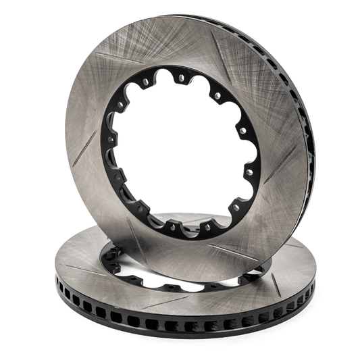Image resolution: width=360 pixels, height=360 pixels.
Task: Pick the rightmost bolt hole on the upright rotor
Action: point(251,155)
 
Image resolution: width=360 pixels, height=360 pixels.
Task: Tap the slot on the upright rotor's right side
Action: point(284,159)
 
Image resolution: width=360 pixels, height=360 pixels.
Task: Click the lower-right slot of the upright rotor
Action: point(233,251)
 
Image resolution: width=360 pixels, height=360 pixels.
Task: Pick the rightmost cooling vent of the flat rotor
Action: point(312,286)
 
